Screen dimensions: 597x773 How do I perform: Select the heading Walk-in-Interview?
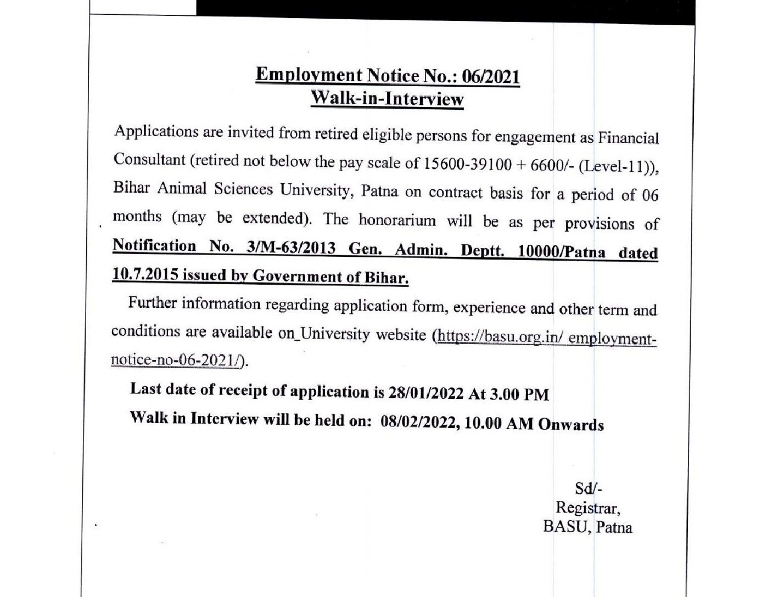pos(387,99)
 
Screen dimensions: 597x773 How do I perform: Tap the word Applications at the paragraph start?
pos(149,132)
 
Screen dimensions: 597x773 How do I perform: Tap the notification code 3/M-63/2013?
pos(292,247)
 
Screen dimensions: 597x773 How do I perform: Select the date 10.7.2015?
pos(145,274)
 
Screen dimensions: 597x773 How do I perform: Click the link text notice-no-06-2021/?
pos(177,360)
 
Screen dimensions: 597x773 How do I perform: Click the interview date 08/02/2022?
pos(418,423)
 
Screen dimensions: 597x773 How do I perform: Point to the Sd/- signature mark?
pos(588,488)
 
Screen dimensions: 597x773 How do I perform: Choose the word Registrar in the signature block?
pos(588,508)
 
